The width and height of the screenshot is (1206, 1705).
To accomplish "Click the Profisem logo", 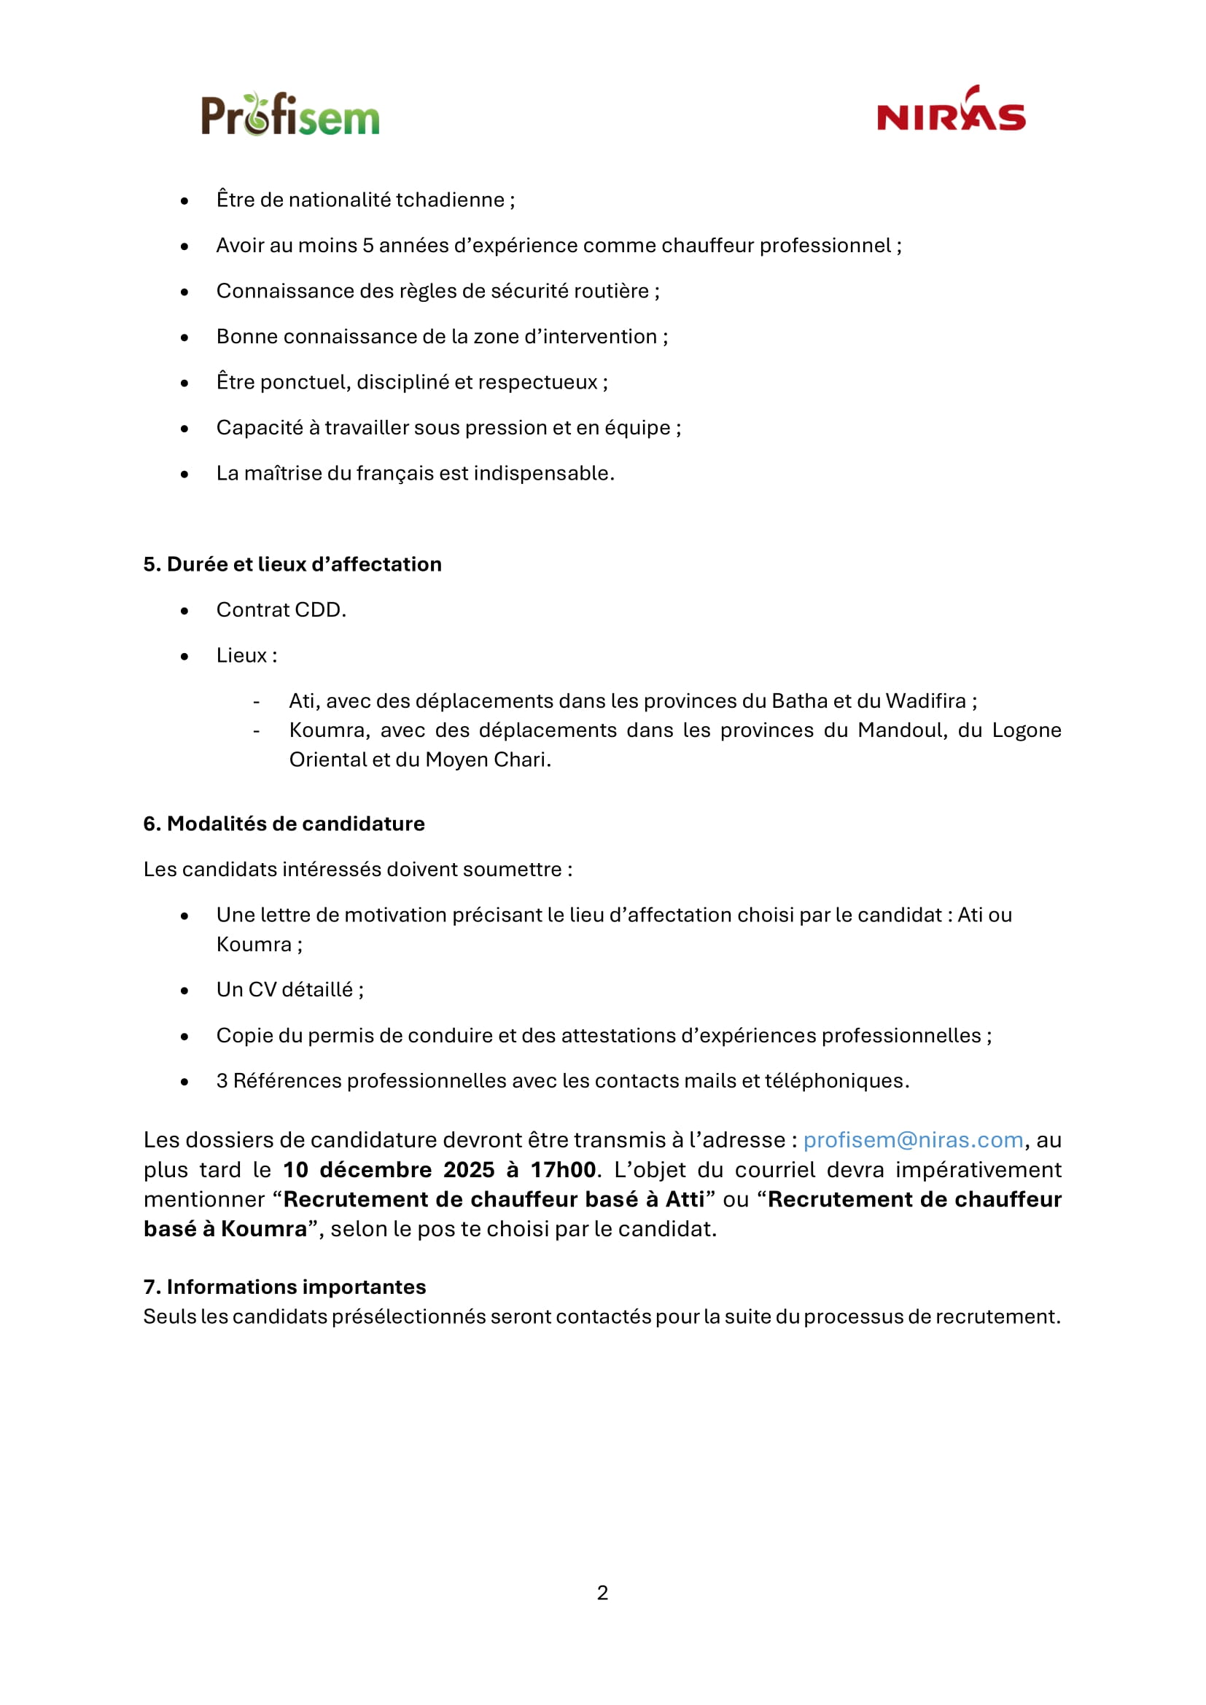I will click(289, 115).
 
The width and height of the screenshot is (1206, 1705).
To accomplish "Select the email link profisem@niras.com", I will click(913, 1140).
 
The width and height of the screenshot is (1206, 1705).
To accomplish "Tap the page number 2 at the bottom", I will click(602, 1592).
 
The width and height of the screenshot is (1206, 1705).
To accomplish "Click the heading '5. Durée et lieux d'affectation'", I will click(292, 564).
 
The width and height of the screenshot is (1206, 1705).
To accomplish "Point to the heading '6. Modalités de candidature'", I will click(284, 824).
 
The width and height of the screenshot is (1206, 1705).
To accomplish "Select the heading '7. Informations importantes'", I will click(284, 1287).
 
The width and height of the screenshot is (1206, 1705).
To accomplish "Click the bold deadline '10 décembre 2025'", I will click(389, 1169).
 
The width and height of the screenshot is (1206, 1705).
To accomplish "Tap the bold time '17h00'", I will click(563, 1169).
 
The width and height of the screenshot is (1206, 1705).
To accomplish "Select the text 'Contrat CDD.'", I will click(281, 609).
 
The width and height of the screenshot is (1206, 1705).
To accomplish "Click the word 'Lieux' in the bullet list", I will click(241, 655).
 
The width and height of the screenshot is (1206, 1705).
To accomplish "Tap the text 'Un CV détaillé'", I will click(285, 990).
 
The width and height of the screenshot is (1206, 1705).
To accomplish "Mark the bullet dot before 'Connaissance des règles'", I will click(184, 292).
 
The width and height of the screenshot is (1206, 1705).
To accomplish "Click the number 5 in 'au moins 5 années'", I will click(367, 246).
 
